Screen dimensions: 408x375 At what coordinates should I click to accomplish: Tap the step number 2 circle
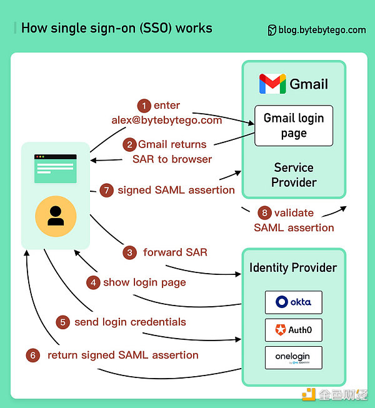point(130,145)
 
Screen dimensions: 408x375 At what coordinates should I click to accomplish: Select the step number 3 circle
point(130,253)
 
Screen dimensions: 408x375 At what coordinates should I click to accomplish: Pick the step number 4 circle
point(93,282)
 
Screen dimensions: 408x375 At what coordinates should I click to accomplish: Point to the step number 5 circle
point(62,322)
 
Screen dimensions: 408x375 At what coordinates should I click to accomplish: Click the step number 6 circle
point(34,356)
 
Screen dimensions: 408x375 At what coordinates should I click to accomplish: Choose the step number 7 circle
point(106,190)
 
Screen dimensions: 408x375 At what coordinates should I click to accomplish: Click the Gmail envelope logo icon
point(272,84)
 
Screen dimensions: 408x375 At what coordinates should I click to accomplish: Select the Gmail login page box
point(293,126)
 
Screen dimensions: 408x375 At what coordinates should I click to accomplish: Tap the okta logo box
point(293,302)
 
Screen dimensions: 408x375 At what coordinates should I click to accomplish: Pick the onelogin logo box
point(293,358)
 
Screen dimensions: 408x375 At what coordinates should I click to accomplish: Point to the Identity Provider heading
point(293,267)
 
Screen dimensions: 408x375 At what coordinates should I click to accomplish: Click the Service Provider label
point(294,175)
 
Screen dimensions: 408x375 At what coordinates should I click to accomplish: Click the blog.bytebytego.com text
point(321,29)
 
